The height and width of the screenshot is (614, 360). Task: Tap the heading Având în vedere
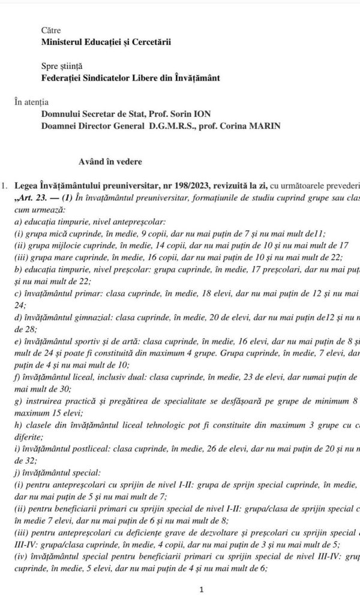109,161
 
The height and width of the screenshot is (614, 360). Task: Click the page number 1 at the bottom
202,589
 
